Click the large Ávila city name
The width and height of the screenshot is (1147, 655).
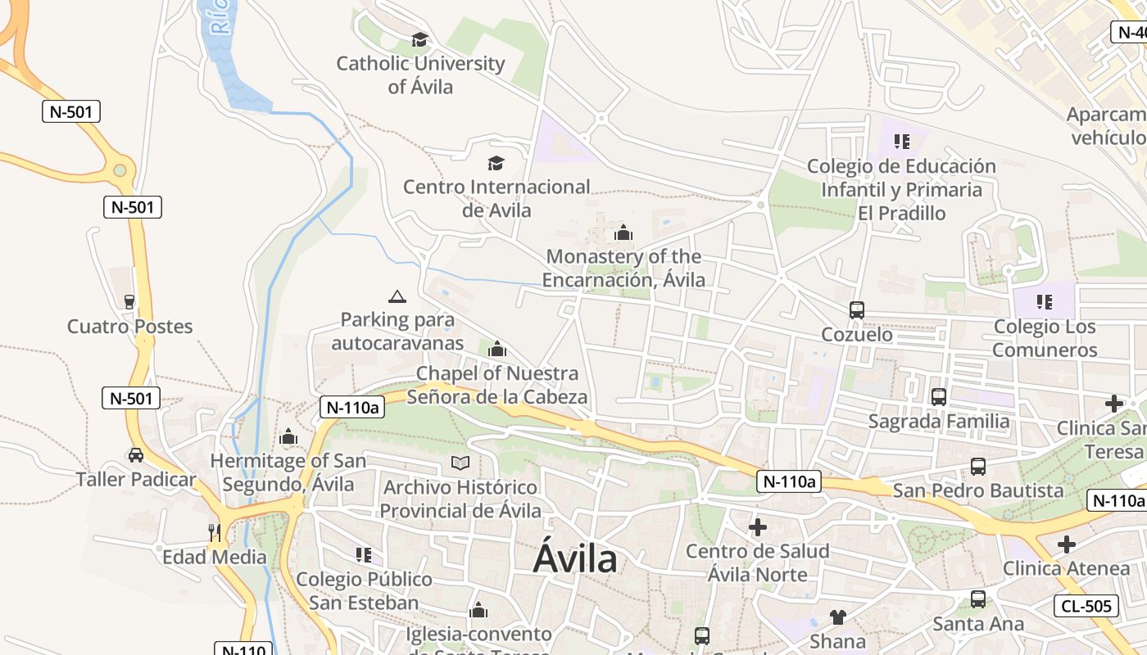pyautogui.click(x=575, y=558)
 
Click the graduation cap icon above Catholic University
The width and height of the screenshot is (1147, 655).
pyautogui.click(x=420, y=39)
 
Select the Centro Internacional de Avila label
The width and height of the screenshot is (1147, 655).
pyautogui.click(x=496, y=198)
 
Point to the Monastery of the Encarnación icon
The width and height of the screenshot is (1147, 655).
pyautogui.click(x=623, y=233)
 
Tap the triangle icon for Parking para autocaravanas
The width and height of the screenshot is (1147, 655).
pyautogui.click(x=397, y=296)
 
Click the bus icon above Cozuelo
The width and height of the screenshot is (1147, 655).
pyautogui.click(x=857, y=310)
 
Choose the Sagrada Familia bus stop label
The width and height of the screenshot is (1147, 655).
pyautogui.click(x=938, y=422)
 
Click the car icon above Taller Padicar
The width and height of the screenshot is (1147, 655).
pyautogui.click(x=136, y=455)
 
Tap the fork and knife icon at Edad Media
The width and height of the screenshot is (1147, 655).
pyautogui.click(x=215, y=533)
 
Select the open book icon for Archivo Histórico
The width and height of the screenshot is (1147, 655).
pyautogui.click(x=460, y=463)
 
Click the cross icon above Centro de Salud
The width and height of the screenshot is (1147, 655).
pyautogui.click(x=758, y=526)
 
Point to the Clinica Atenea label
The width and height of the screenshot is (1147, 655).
pyautogui.click(x=1066, y=568)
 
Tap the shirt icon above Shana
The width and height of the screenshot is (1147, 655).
pyautogui.click(x=837, y=617)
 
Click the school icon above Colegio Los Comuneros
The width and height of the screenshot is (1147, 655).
pyautogui.click(x=1044, y=302)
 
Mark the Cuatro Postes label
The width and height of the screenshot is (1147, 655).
pyautogui.click(x=129, y=327)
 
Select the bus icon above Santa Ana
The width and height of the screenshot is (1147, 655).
pyautogui.click(x=978, y=599)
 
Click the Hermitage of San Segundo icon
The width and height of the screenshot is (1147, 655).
pyautogui.click(x=288, y=437)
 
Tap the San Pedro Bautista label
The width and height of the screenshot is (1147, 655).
pyautogui.click(x=978, y=490)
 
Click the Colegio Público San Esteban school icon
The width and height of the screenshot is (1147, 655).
pyautogui.click(x=364, y=555)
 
